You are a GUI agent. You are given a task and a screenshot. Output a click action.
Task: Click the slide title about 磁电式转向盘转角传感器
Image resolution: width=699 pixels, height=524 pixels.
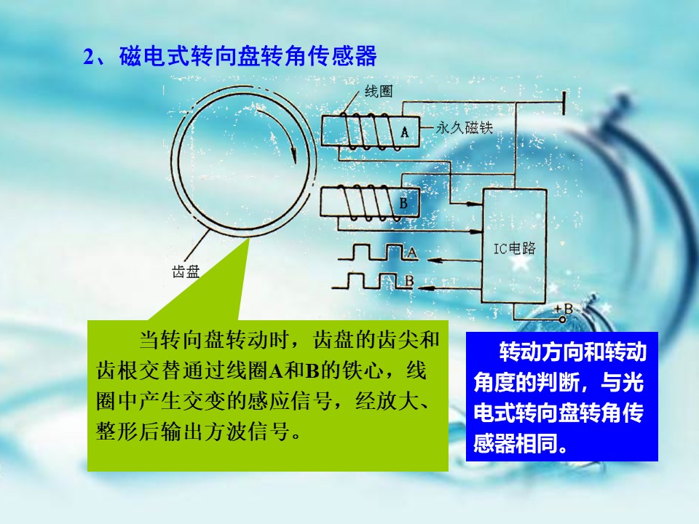[x=230, y=56]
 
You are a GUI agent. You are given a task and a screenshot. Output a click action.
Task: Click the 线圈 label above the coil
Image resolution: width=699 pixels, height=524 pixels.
[x=378, y=92]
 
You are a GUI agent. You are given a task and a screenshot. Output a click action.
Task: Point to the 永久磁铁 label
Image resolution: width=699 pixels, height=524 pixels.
[x=464, y=128]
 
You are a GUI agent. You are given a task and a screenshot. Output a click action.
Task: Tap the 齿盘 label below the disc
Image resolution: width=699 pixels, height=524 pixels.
[x=186, y=271]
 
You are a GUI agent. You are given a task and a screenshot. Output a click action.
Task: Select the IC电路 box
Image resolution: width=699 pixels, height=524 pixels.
[x=515, y=247]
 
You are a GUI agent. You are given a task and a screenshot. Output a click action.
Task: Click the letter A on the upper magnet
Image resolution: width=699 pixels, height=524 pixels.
[x=404, y=132]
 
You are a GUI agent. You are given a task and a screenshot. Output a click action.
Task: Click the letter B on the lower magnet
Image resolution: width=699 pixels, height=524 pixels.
[x=403, y=203]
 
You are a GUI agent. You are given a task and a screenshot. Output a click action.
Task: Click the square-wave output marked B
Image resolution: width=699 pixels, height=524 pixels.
[x=373, y=281]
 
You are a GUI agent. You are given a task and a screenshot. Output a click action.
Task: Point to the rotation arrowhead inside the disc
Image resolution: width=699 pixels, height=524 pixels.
[x=293, y=155]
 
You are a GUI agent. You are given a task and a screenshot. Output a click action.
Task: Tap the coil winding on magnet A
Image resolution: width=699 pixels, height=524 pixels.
[x=366, y=131]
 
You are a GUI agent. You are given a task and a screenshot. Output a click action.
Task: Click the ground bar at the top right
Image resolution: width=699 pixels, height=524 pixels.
[x=564, y=103]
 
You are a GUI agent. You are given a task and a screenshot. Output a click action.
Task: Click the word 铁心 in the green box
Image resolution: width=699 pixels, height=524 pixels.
[x=363, y=370]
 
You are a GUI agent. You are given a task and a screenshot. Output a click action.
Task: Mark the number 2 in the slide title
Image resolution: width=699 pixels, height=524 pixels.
[x=89, y=57]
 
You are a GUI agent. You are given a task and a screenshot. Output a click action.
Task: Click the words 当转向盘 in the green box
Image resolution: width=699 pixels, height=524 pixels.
[x=183, y=340]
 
